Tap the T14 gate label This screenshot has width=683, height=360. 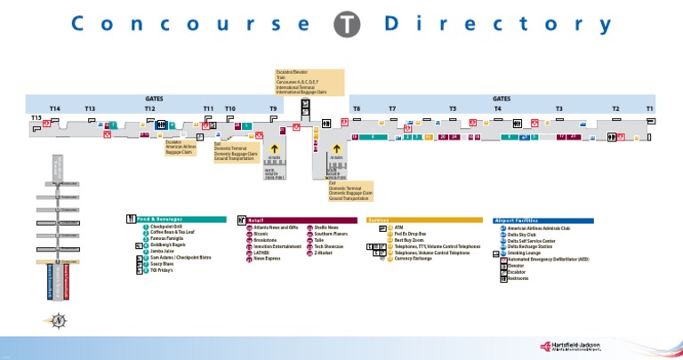(54, 108)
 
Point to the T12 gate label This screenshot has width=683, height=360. (149, 108)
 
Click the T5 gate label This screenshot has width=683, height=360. (453, 108)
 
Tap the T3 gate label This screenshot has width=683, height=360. (559, 108)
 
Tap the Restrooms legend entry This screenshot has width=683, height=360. (518, 278)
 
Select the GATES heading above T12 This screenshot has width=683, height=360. (154, 99)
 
